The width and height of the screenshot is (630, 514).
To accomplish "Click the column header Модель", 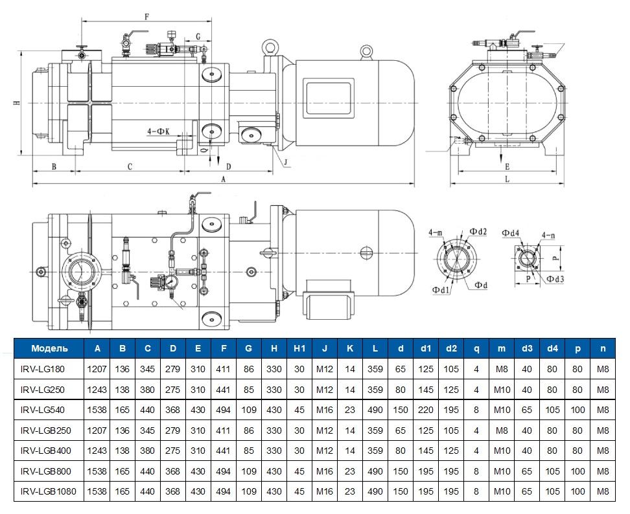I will pyautogui.click(x=49, y=349).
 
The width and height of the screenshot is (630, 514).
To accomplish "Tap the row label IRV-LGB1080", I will pyautogui.click(x=49, y=491).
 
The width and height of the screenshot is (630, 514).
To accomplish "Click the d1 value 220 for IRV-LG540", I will pyautogui.click(x=426, y=410).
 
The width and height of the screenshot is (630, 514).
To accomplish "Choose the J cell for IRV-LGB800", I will pyautogui.click(x=324, y=471).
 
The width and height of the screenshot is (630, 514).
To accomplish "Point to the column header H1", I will pyautogui.click(x=299, y=349).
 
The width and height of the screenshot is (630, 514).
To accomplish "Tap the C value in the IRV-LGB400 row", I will pyautogui.click(x=148, y=451).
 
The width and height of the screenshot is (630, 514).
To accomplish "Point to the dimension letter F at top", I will pyautogui.click(x=146, y=17).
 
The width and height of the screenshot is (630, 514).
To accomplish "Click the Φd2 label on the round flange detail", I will pyautogui.click(x=478, y=232).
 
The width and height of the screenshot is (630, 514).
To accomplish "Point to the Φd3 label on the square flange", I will pyautogui.click(x=555, y=280).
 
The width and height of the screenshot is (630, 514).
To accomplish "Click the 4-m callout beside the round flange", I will pyautogui.click(x=436, y=232).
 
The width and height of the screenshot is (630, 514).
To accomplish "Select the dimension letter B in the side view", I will pyautogui.click(x=54, y=166).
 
